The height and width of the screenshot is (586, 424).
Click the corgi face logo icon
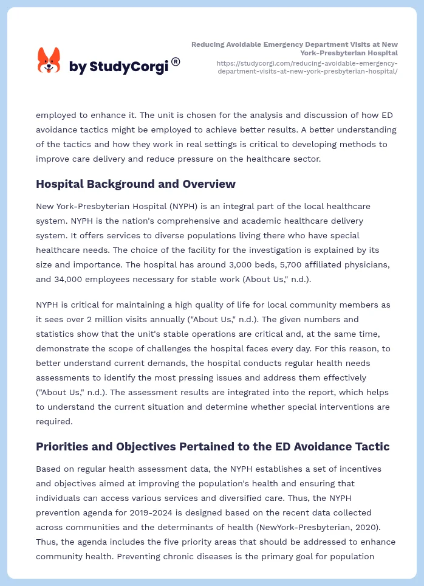pyautogui.click(x=49, y=61)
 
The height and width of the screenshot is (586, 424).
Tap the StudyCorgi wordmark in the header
pyautogui.click(x=118, y=67)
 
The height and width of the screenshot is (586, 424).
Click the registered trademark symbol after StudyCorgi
pyautogui.click(x=176, y=61)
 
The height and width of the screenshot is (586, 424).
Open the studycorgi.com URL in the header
pyautogui.click(x=307, y=67)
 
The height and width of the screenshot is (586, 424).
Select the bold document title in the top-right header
pyautogui.click(x=295, y=48)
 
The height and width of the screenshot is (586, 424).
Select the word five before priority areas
pyautogui.click(x=165, y=542)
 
